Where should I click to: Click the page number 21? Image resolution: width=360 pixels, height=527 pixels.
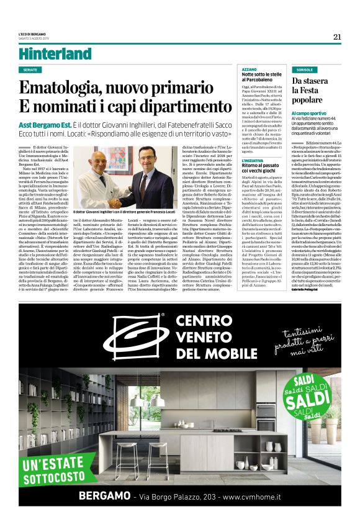[x=337, y=37]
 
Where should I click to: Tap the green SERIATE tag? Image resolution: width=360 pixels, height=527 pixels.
[x=30, y=70]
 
